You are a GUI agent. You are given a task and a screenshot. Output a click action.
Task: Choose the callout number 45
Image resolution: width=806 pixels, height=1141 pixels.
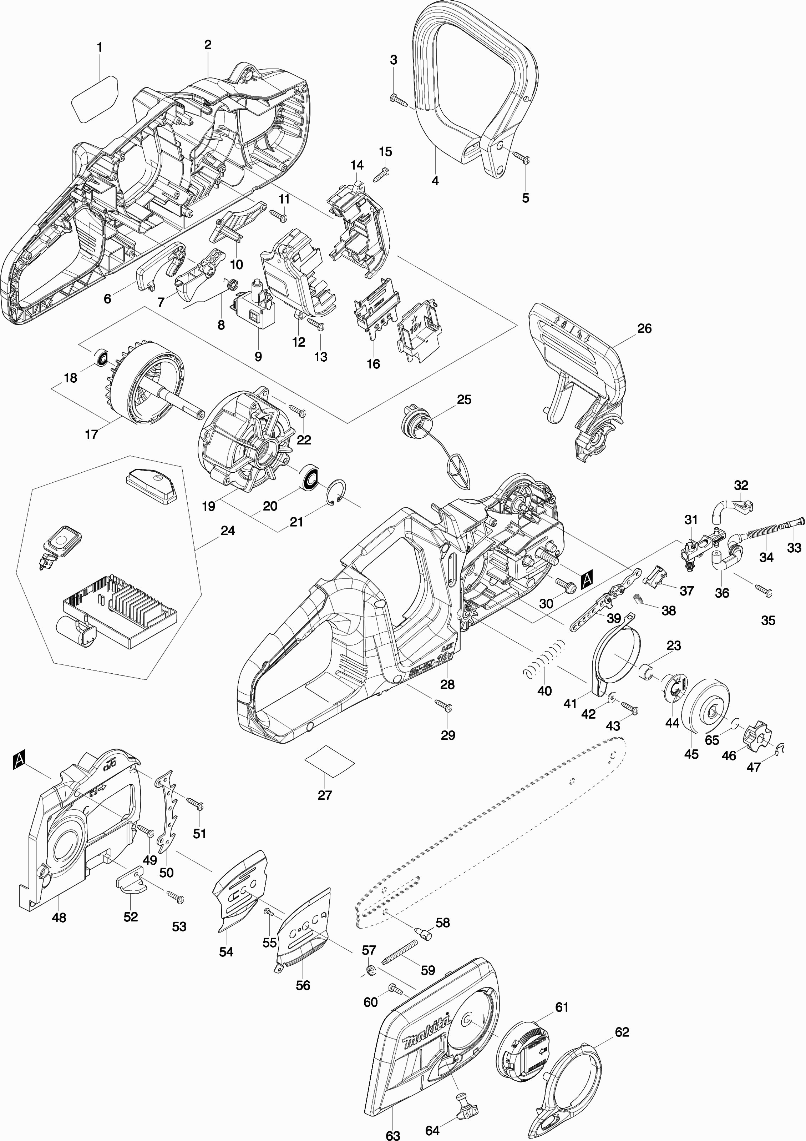691,754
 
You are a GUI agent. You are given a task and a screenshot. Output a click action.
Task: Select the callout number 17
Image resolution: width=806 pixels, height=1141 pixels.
91,434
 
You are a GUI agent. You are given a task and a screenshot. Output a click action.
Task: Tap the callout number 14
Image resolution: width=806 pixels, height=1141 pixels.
356,165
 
